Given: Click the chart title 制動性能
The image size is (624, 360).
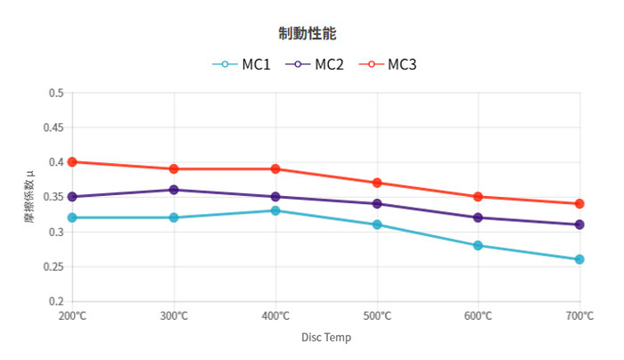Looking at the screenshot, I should (x=307, y=33).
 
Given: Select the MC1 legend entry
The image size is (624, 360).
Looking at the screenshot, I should (x=242, y=64).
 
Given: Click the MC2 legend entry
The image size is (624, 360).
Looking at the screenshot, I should (x=314, y=64).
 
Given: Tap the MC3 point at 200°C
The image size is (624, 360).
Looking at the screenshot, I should (x=72, y=162).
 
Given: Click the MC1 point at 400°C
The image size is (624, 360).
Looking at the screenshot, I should (x=275, y=211).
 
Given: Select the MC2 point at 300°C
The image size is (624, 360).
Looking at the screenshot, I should (x=174, y=190).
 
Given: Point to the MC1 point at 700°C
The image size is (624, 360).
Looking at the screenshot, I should (x=579, y=259).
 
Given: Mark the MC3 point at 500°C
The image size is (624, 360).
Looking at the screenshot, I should (x=377, y=183).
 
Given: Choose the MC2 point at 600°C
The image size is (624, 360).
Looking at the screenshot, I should (x=478, y=217).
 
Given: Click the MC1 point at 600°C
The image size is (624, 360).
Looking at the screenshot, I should (x=478, y=245).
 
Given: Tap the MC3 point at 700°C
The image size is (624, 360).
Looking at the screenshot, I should (x=579, y=204).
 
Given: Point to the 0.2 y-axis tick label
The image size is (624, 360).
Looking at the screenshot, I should (x=57, y=301).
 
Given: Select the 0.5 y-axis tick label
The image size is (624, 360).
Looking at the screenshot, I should (x=57, y=93).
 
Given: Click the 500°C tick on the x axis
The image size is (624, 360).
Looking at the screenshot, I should (x=377, y=316).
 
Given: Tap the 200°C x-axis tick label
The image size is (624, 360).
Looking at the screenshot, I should (x=72, y=316).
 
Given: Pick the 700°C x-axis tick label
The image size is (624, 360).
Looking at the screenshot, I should (x=579, y=316).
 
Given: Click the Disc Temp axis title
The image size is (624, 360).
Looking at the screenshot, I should (x=326, y=338).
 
